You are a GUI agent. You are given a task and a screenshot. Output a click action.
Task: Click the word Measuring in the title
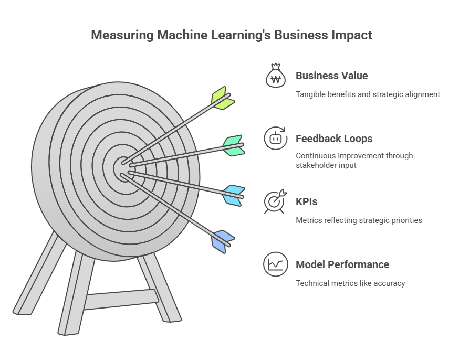(x=122, y=35)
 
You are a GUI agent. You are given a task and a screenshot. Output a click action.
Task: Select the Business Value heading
(x=332, y=76)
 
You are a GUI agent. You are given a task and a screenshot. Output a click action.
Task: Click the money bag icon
(x=276, y=76)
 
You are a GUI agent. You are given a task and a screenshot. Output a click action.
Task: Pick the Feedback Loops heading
(x=334, y=139)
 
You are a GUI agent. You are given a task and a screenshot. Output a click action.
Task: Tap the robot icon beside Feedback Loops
(x=276, y=139)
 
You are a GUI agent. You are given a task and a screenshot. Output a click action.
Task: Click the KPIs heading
(x=307, y=201)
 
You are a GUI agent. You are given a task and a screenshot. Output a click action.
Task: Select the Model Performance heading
(x=342, y=264)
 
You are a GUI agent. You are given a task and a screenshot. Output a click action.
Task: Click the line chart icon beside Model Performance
(x=276, y=264)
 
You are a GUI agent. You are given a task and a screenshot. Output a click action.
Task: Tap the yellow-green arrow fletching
(x=223, y=98)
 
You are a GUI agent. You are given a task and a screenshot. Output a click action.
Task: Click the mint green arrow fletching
(x=234, y=146)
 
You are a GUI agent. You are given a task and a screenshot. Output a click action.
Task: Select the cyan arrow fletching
(x=234, y=196)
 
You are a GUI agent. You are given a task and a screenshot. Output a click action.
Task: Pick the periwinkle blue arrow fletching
(x=223, y=242)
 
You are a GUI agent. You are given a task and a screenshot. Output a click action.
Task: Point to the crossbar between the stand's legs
(x=121, y=299)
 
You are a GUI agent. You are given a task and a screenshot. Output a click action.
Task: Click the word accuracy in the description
(x=389, y=283)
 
